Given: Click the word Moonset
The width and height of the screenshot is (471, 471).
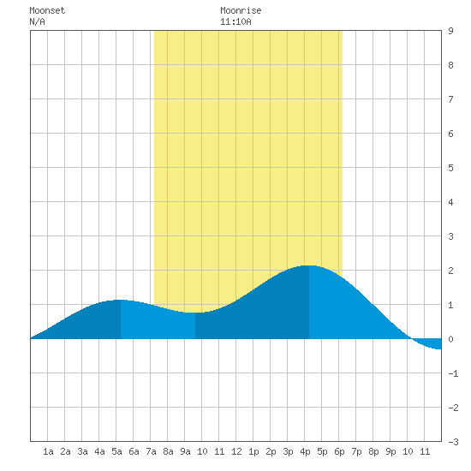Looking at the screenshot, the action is point(47,10).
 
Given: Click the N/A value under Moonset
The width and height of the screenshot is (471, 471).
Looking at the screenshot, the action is point(37,21).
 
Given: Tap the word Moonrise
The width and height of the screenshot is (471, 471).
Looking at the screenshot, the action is point(241,10).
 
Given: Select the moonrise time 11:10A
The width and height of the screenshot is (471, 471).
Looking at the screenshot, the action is point(235,21).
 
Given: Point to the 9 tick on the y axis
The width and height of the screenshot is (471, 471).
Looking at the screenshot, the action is point(450,31).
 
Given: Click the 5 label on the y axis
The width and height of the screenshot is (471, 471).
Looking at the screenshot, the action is point(450,168).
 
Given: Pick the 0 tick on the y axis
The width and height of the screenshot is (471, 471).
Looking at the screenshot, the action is point(450,339).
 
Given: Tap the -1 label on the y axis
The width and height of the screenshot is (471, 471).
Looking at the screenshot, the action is point(453,373).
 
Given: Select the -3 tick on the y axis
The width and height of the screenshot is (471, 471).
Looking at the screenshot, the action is point(453,442).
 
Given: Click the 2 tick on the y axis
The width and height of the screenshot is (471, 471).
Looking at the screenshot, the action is point(450,271).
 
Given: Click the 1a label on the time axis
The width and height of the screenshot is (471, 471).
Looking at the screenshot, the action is point(48,451).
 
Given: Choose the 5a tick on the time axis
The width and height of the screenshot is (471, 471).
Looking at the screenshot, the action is point(116,451).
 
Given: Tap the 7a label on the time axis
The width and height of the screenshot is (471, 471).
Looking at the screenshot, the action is point(151,451).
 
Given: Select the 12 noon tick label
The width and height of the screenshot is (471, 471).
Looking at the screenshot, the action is point(236,451).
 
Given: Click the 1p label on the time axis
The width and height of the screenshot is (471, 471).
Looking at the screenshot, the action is point(253,451).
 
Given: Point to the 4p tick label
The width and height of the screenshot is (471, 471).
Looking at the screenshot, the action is point(305,451).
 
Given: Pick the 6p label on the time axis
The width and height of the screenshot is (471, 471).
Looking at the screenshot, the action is point(339,451).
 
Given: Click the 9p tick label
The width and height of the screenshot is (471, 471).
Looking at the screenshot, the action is point(391,451).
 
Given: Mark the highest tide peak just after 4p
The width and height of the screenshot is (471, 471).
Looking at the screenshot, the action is point(309,265).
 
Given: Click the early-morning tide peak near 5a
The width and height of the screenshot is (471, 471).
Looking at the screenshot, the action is point(120,300).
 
